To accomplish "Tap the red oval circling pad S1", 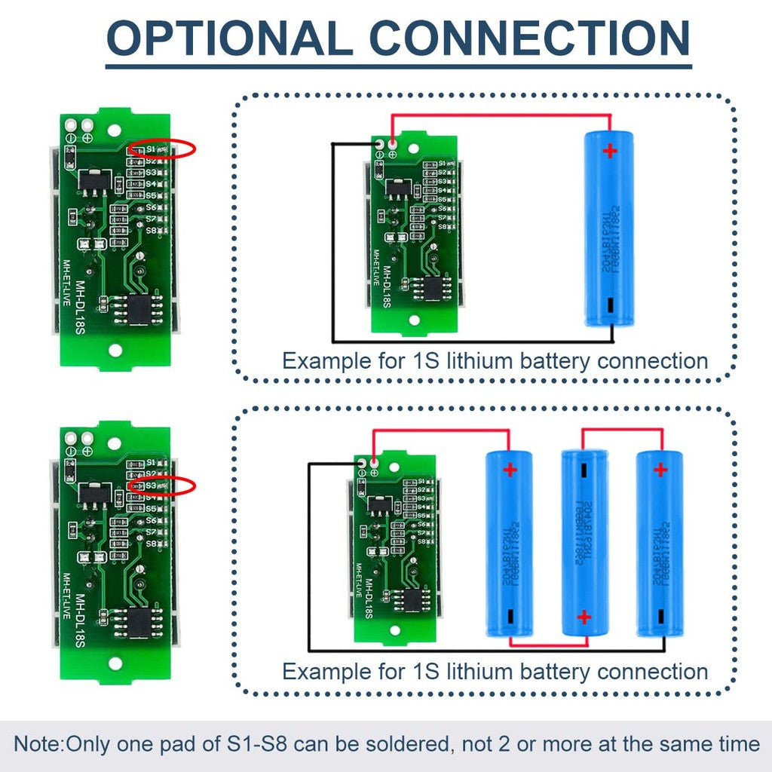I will tap(161, 149).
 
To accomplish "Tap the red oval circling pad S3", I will tap(161, 486).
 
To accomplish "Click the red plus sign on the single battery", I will tap(609, 151).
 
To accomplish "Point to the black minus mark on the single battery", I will tap(608, 305).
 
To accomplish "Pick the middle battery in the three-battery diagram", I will tap(584, 541).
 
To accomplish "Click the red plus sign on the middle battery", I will tap(584, 617).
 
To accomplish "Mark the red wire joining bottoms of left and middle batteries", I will tap(547, 645).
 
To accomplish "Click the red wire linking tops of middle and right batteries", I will tap(622, 430).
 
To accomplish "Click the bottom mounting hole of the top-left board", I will tap(115, 350).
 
